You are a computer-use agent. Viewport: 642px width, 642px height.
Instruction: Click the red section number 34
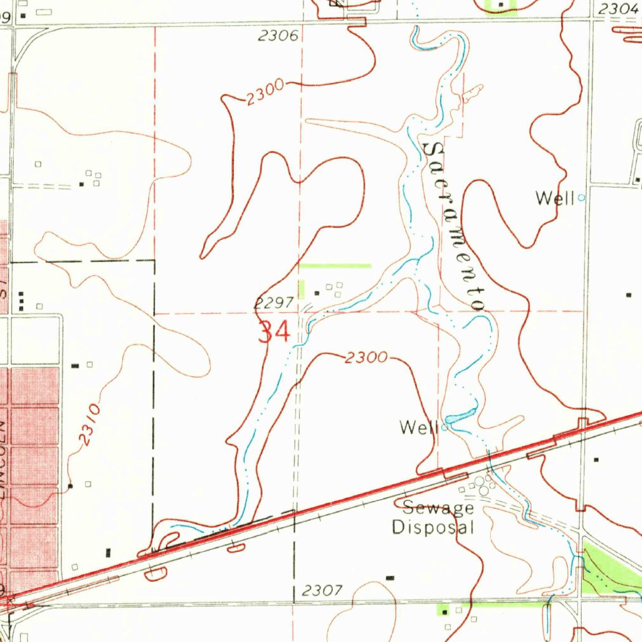275,332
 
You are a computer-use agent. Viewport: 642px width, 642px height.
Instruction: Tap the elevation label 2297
275,303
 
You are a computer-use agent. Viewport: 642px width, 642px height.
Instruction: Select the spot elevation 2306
278,37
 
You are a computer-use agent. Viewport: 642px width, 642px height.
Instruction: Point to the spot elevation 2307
322,591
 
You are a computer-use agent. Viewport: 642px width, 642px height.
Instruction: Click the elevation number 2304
618,9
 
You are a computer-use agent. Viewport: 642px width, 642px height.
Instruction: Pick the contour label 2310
90,425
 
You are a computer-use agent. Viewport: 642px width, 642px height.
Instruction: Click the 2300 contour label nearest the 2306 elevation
264,93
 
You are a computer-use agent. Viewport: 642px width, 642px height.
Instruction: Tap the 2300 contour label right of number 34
366,358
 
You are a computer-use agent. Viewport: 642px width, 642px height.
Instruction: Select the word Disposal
433,527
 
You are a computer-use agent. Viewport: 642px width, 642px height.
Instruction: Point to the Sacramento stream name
454,226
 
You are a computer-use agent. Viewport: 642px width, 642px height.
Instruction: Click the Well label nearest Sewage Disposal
418,428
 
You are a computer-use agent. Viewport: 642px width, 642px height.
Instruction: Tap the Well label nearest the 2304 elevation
555,199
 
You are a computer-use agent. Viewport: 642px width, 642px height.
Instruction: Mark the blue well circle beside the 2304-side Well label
581,197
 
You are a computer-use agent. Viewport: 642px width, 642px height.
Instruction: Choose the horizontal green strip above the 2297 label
335,266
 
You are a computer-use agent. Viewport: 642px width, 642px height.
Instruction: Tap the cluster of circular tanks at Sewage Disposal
482,485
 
